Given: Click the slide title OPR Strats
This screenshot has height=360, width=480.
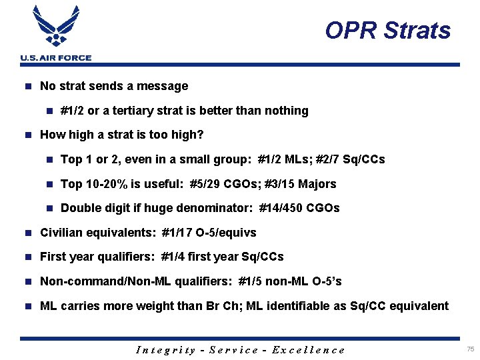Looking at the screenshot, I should point(387,31).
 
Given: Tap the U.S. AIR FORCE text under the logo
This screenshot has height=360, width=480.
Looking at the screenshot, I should point(56,58).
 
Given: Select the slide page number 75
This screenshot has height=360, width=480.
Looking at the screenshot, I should point(471,349).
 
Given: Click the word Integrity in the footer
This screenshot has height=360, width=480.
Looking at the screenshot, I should point(165,350).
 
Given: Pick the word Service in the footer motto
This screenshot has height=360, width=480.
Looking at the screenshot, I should point(233,350).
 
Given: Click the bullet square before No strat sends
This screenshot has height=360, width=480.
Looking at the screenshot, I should point(27,86).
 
